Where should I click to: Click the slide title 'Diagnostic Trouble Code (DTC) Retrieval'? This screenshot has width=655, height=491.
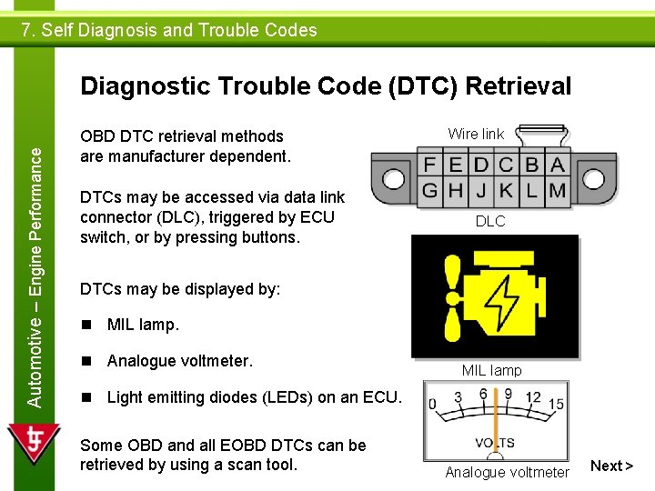click(x=326, y=86)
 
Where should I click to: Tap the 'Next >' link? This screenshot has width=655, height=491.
click(x=610, y=466)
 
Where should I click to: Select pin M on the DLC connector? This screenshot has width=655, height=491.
click(x=557, y=191)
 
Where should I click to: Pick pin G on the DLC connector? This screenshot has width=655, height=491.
click(x=430, y=191)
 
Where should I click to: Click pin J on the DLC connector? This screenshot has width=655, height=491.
click(x=481, y=191)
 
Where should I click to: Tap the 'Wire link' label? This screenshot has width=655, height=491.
click(x=476, y=134)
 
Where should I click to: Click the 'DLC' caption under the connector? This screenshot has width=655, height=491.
click(x=490, y=221)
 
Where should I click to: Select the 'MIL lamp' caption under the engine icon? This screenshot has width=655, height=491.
click(x=491, y=370)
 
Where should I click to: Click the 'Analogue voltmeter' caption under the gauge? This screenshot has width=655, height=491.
click(x=507, y=472)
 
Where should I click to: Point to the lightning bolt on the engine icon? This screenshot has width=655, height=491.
click(x=500, y=297)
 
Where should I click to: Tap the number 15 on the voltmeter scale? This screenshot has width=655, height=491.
click(x=557, y=403)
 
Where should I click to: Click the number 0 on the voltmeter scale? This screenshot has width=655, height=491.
click(x=432, y=403)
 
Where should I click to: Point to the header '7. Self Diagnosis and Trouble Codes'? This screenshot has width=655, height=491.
click(x=170, y=30)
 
